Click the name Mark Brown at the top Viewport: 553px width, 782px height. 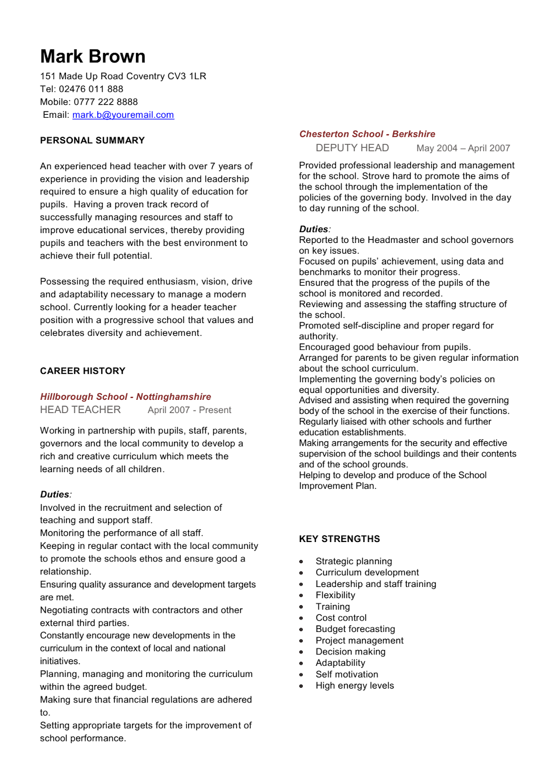(x=93, y=57)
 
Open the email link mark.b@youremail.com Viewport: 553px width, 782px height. (x=123, y=115)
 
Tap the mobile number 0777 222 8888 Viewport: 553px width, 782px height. (x=106, y=102)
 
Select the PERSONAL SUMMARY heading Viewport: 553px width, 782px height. (x=92, y=141)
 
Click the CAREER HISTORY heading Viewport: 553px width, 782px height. (x=83, y=371)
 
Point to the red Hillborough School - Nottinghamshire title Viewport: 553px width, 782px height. (x=126, y=397)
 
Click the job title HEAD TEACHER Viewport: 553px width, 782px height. (x=80, y=410)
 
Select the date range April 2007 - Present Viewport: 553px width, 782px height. (x=189, y=411)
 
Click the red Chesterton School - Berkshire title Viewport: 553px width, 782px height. (x=367, y=134)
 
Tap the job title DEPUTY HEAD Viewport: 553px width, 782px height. (x=352, y=148)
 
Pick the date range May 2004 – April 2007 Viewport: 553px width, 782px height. (x=463, y=149)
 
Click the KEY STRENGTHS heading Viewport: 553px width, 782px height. (x=339, y=539)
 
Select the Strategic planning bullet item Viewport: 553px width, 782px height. (x=354, y=562)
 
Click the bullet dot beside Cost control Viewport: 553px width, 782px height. (x=301, y=618)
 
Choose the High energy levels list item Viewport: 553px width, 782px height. (x=354, y=686)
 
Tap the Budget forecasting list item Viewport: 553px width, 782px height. (x=355, y=630)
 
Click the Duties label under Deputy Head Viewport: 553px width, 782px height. (x=313, y=229)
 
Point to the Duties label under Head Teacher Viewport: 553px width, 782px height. (x=55, y=495)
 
